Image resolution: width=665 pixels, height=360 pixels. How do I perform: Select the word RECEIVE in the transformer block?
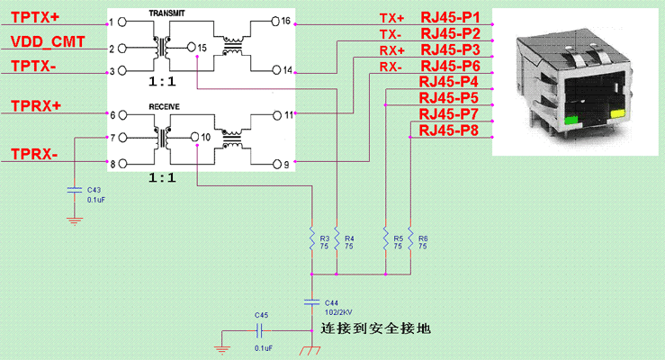pos(165,106)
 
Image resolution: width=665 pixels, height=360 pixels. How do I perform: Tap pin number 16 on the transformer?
pos(285,21)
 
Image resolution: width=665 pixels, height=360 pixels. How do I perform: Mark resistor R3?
pos(312,240)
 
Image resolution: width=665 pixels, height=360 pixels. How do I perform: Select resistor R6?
pos(409,240)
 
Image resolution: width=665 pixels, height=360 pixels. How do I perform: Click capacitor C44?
pos(312,301)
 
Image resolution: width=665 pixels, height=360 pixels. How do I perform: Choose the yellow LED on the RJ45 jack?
pos(616,114)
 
